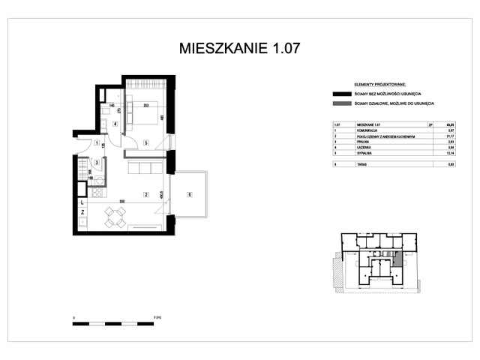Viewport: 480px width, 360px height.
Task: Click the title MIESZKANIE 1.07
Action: [x=240, y=49]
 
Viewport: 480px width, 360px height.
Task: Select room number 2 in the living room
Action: [x=146, y=194]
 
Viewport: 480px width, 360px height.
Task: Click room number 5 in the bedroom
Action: [x=147, y=142]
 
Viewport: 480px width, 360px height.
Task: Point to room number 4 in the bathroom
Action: [x=115, y=124]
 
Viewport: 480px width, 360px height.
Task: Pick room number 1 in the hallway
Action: [x=97, y=142]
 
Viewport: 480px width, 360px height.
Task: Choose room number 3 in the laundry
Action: [x=97, y=162]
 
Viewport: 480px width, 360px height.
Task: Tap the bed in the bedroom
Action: [x=144, y=111]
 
